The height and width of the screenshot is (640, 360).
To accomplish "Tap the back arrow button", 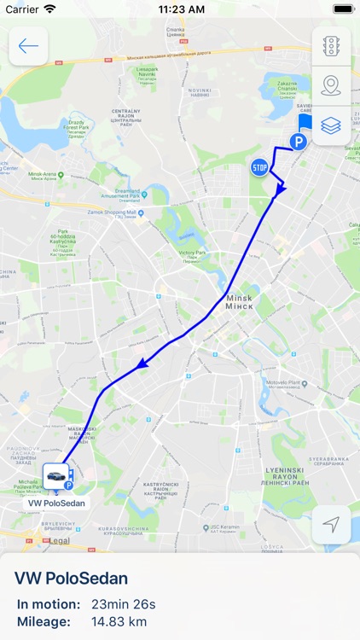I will point(28,46).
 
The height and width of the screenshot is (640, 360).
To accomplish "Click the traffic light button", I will point(331,46).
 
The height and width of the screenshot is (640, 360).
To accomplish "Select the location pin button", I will point(331,85).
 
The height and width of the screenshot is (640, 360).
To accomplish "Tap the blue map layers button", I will point(331,125).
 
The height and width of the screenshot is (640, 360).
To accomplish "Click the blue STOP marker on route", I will point(259,166).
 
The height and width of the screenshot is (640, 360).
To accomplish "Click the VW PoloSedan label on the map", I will point(57,503).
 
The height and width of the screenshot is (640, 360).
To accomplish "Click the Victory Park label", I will point(193,256).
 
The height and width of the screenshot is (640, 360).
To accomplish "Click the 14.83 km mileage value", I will point(119,621).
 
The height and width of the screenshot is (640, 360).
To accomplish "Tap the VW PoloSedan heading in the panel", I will point(71,579).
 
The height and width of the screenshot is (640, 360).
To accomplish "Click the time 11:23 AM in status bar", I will point(180,9).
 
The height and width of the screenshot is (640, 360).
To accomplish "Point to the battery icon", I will point(343,9).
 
